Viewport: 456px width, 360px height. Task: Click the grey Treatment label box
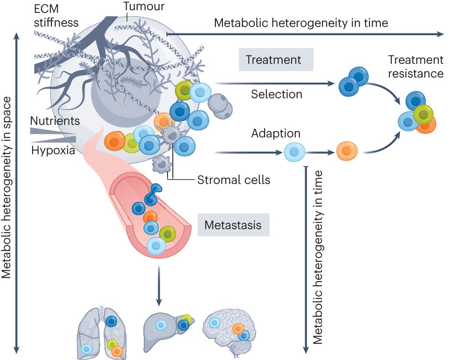[x=276, y=60]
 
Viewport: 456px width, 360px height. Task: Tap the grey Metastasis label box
[x=233, y=225]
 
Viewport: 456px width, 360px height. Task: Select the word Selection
[x=277, y=94]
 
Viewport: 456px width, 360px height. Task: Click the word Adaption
[x=276, y=133]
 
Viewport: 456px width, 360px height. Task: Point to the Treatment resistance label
[x=416, y=66]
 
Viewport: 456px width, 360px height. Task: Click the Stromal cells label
[x=233, y=180]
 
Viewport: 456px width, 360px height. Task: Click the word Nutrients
[x=55, y=121]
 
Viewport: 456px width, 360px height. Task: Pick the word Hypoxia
[x=53, y=151]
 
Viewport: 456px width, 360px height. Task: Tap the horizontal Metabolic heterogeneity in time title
[x=301, y=23]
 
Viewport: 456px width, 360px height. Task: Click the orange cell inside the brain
[x=238, y=328]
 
